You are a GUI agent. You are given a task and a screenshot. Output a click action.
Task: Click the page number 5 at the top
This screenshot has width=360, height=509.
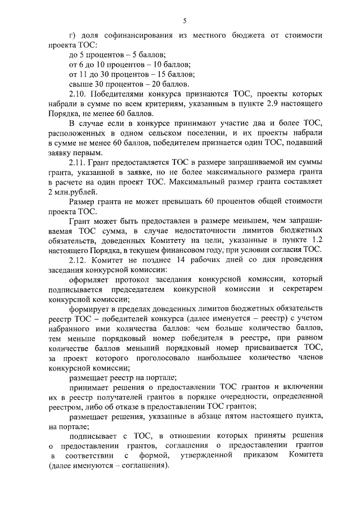pos(184,21)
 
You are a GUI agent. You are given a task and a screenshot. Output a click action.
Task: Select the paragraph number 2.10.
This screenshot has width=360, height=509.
pos(78,94)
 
